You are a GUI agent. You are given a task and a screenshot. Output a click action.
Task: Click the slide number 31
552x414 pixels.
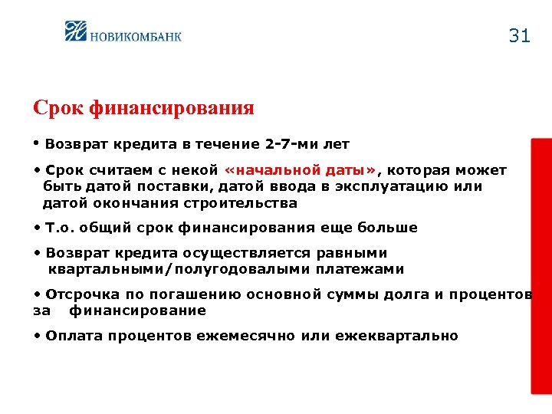click(x=519, y=36)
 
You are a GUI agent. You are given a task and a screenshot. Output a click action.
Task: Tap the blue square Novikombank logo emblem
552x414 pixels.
click(x=77, y=31)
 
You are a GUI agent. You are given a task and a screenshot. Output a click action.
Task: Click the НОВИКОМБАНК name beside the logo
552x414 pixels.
click(x=136, y=35)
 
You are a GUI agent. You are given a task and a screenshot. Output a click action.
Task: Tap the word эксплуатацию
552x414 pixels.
click(x=386, y=187)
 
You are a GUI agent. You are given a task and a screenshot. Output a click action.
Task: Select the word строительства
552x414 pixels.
click(x=239, y=203)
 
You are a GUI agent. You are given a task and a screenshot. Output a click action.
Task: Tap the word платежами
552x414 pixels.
click(x=357, y=269)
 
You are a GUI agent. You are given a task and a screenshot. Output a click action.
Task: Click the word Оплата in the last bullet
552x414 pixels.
click(x=74, y=336)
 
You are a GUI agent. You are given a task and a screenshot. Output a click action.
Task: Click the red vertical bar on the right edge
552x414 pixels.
click(x=541, y=265)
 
